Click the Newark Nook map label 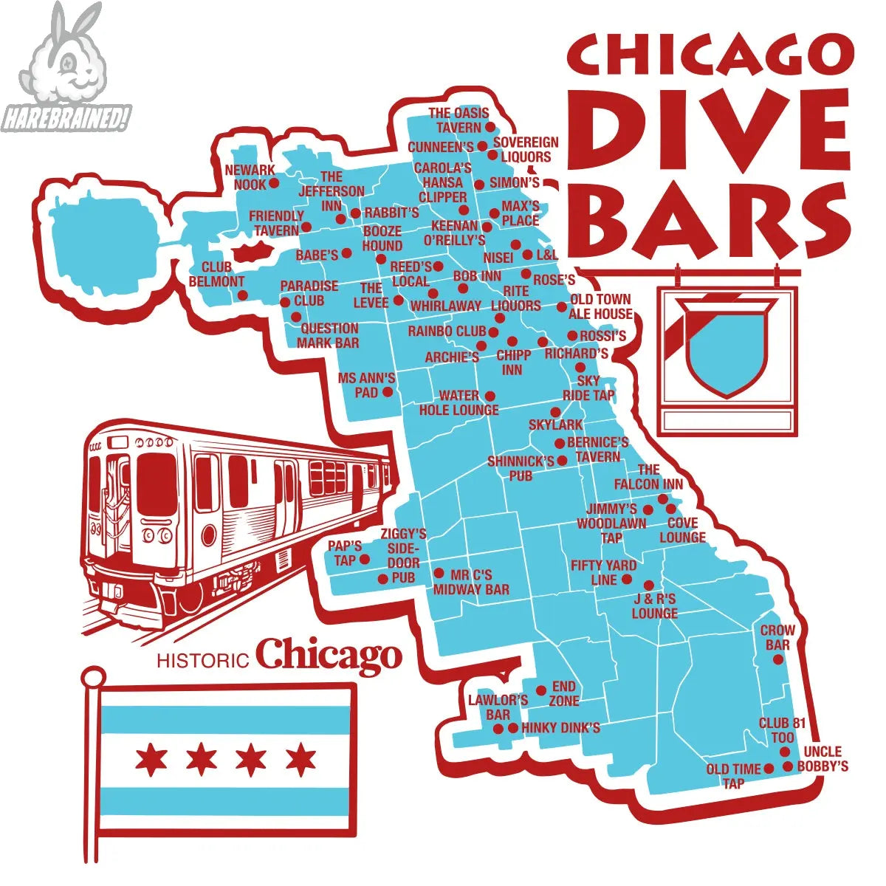(250, 177)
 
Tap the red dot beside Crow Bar (777, 659)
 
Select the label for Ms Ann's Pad (366, 385)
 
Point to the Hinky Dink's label (560, 728)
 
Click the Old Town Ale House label (600, 306)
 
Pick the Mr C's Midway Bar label (471, 582)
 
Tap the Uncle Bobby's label (823, 759)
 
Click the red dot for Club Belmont (242, 295)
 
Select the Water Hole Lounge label (459, 402)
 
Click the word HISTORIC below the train (202, 659)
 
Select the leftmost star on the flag (151, 758)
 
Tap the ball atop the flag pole (93, 676)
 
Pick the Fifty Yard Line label (603, 573)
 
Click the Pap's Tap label (345, 553)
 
